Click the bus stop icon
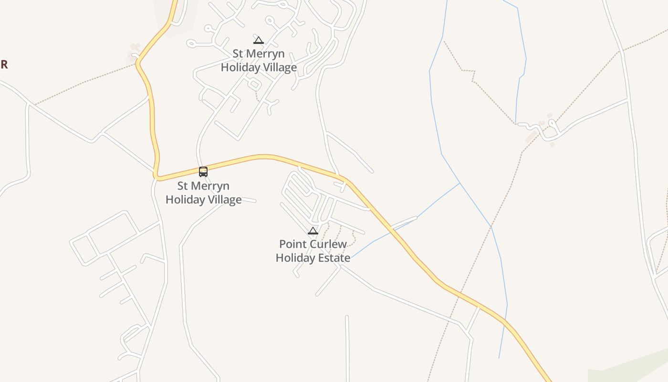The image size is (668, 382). (203, 171)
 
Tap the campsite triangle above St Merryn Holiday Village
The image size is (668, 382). (259, 40)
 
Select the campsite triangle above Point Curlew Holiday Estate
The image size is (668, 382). (313, 231)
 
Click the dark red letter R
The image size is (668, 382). (4, 64)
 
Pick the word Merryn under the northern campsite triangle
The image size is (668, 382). (265, 53)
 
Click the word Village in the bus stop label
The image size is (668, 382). (224, 200)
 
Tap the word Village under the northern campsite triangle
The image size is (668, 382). (279, 67)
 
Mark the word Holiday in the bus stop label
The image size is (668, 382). (184, 200)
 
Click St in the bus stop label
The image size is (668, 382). (183, 186)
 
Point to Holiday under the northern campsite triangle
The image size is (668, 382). (239, 67)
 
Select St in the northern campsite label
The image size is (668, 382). (238, 53)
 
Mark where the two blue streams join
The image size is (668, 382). (460, 183)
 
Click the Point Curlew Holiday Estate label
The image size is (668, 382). (313, 251)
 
